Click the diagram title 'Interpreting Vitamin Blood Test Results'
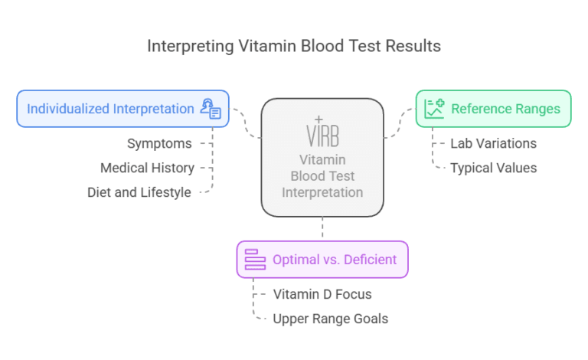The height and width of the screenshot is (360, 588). tap(294, 46)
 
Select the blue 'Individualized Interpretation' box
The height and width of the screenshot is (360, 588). tap(122, 109)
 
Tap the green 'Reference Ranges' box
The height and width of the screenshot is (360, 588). tap(493, 109)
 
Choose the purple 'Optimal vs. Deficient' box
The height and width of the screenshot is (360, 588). tap(322, 260)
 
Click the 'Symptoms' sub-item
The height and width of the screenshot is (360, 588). tap(158, 143)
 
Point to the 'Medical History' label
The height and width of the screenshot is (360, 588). tap(147, 168)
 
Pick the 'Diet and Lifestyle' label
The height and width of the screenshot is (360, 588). tap(139, 192)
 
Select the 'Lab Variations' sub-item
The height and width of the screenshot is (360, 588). tap(493, 143)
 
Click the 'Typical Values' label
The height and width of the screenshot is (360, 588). tap(493, 168)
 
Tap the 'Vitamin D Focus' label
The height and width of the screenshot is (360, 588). tap(322, 294)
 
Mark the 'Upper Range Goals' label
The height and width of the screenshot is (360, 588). tap(331, 319)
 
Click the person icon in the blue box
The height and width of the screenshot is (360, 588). tap(210, 109)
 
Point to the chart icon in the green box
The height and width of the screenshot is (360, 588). tap(435, 109)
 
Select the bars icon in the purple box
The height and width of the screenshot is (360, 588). tap(254, 260)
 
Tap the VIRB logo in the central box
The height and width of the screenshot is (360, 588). tap(322, 132)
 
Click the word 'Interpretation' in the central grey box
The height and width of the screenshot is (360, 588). tap(322, 191)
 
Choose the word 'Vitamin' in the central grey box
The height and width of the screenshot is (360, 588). tap(322, 159)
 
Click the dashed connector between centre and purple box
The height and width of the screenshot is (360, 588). tap(322, 227)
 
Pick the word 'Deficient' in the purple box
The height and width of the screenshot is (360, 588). tap(370, 260)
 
